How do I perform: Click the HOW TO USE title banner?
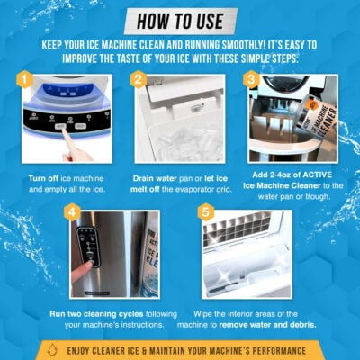pyautogui.click(x=180, y=20)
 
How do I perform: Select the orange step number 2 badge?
pyautogui.click(x=138, y=81)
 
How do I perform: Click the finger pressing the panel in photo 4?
pyautogui.click(x=84, y=266)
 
